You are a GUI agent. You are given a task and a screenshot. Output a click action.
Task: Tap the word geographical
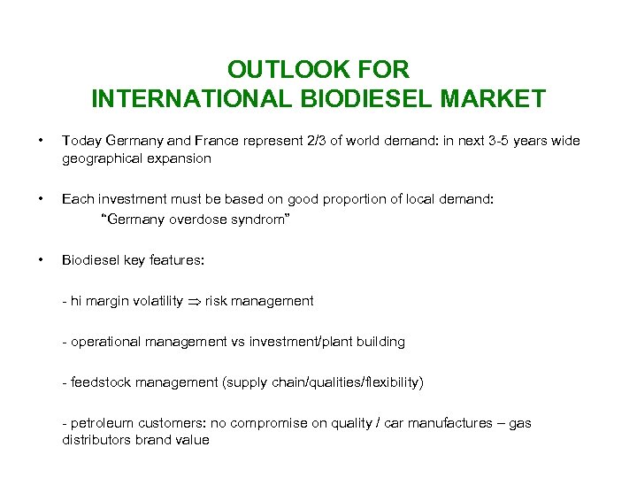pyautogui.click(x=98, y=158)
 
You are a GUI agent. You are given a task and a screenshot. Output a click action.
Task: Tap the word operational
pyautogui.click(x=104, y=342)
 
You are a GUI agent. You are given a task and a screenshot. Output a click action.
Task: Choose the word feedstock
pyautogui.click(x=101, y=382)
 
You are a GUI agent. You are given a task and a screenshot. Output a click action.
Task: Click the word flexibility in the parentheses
pyautogui.click(x=389, y=382)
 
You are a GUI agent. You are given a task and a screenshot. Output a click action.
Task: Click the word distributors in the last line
pyautogui.click(x=96, y=440)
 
